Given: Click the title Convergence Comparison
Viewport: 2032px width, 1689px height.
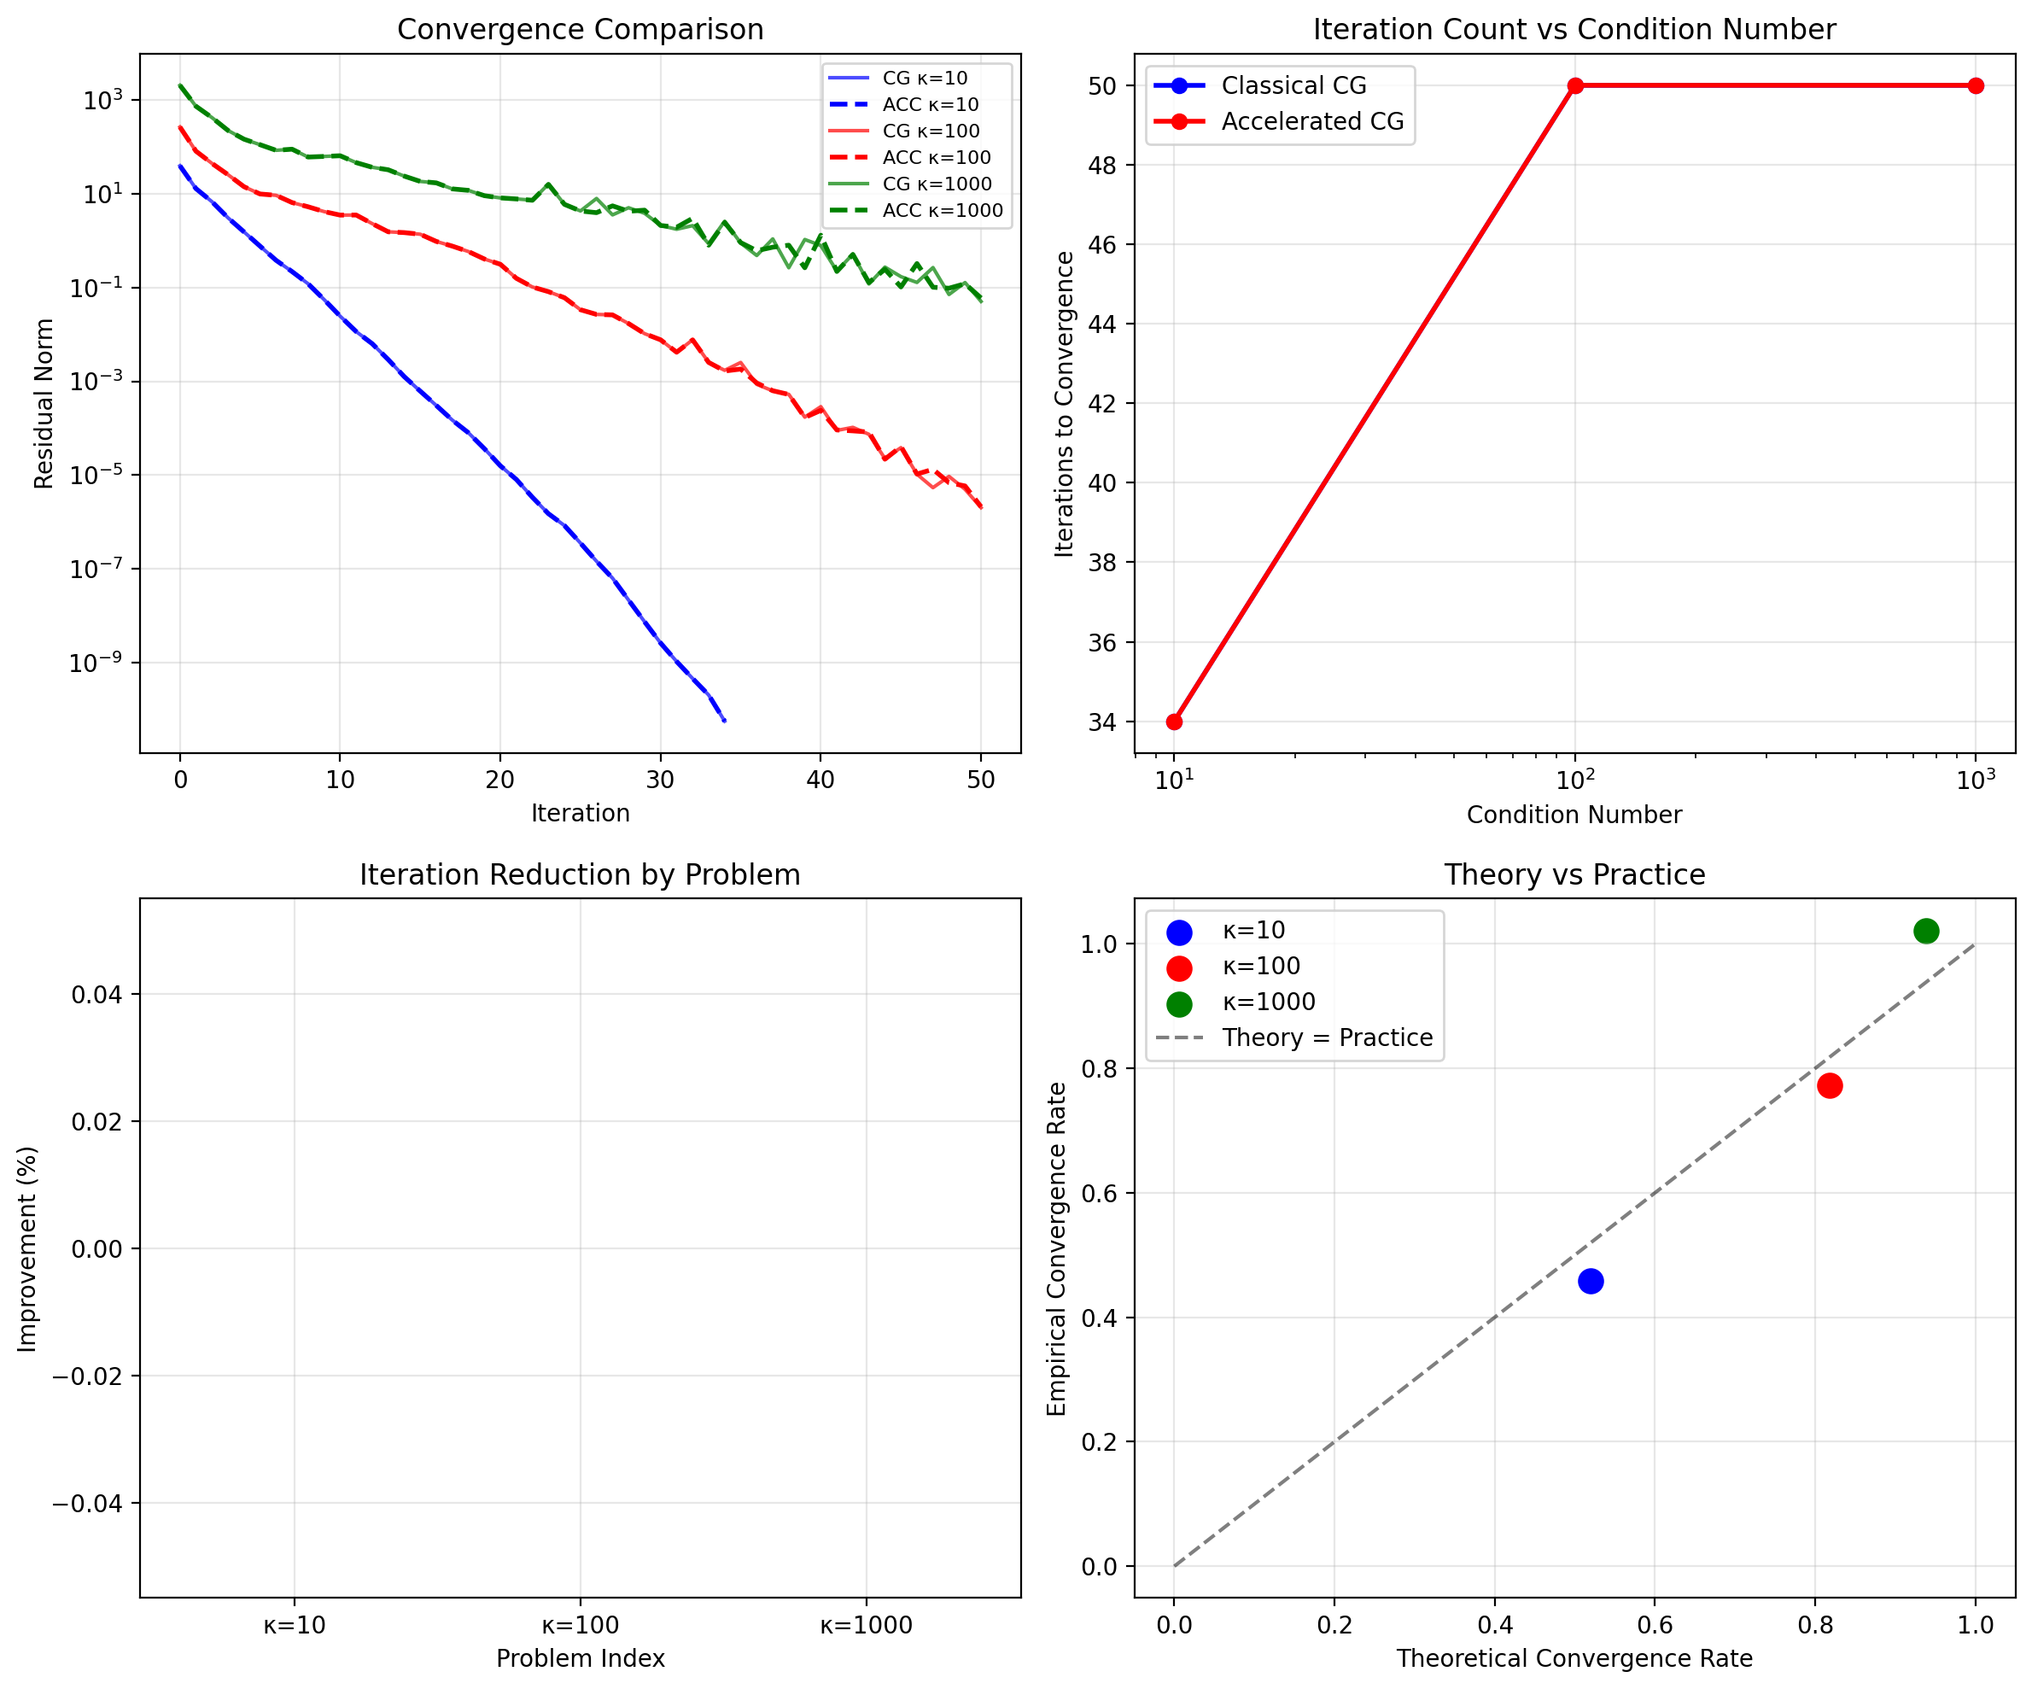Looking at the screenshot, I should [580, 30].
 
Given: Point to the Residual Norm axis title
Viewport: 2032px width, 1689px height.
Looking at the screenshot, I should [44, 404].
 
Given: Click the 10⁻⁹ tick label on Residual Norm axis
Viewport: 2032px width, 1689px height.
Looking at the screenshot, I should [96, 663].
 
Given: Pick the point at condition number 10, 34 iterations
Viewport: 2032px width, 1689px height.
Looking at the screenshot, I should [1174, 722].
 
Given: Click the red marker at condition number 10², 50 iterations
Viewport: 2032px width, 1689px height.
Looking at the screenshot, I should [1575, 86].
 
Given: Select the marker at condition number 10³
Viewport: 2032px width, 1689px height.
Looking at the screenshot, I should [1976, 86].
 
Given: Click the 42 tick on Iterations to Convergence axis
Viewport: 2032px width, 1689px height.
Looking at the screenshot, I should [1101, 404].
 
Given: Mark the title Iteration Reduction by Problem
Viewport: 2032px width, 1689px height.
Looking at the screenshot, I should [580, 875].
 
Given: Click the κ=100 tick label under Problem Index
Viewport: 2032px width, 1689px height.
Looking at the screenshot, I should [580, 1625].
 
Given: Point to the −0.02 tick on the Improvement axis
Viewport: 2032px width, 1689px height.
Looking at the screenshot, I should [93, 1376].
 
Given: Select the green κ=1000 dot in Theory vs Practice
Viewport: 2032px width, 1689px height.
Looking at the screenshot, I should [1925, 931].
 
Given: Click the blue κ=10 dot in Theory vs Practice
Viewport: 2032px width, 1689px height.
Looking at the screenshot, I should [1590, 1282].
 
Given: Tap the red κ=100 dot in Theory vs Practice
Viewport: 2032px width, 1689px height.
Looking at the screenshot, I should [1829, 1086].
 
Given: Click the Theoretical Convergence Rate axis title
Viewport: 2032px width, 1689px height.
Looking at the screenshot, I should [1574, 1659].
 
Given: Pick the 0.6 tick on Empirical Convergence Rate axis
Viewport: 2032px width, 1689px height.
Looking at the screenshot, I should [1101, 1194].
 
